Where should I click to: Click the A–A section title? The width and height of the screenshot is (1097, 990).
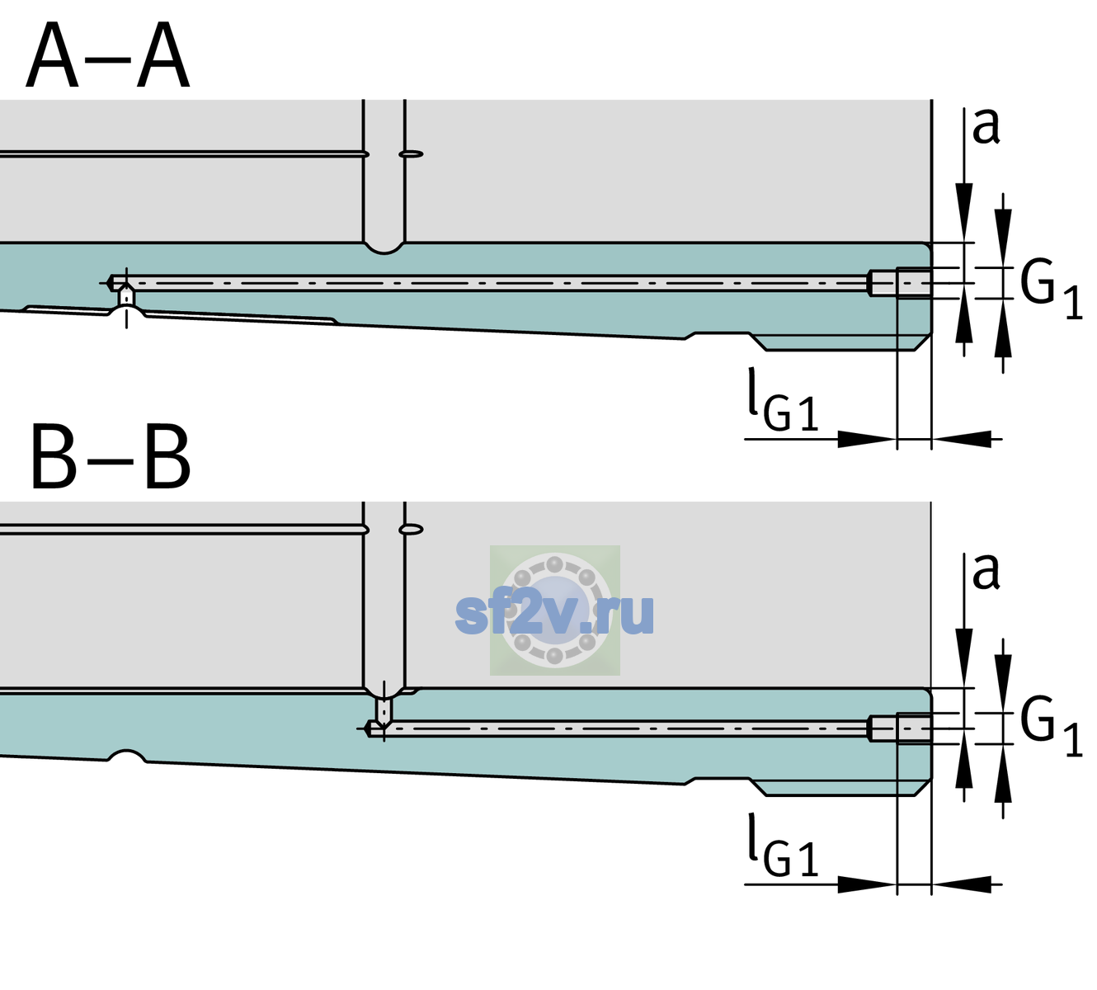pos(108,56)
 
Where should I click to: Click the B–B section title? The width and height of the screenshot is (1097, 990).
pos(111,457)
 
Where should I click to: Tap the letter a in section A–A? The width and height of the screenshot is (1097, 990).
pos(986,127)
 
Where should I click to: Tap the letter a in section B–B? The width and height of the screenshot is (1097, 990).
pos(986,572)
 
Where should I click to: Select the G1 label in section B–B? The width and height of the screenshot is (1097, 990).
pos(1051,728)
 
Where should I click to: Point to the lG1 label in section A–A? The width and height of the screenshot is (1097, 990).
pos(783,401)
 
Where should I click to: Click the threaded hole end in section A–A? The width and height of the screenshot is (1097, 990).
pos(900,283)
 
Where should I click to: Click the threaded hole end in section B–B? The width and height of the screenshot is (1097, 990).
pos(900,728)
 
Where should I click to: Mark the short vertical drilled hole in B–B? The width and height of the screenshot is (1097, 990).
pos(384,709)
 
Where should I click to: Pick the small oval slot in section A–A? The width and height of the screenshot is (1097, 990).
pos(411,154)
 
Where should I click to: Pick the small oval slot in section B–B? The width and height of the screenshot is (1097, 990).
pos(411,530)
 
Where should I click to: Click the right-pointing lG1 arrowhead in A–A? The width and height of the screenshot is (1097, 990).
pos(868,439)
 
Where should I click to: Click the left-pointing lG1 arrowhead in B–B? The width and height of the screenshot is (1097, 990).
pos(962,884)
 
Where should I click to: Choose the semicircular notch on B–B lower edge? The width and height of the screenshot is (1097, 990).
pos(127,756)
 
